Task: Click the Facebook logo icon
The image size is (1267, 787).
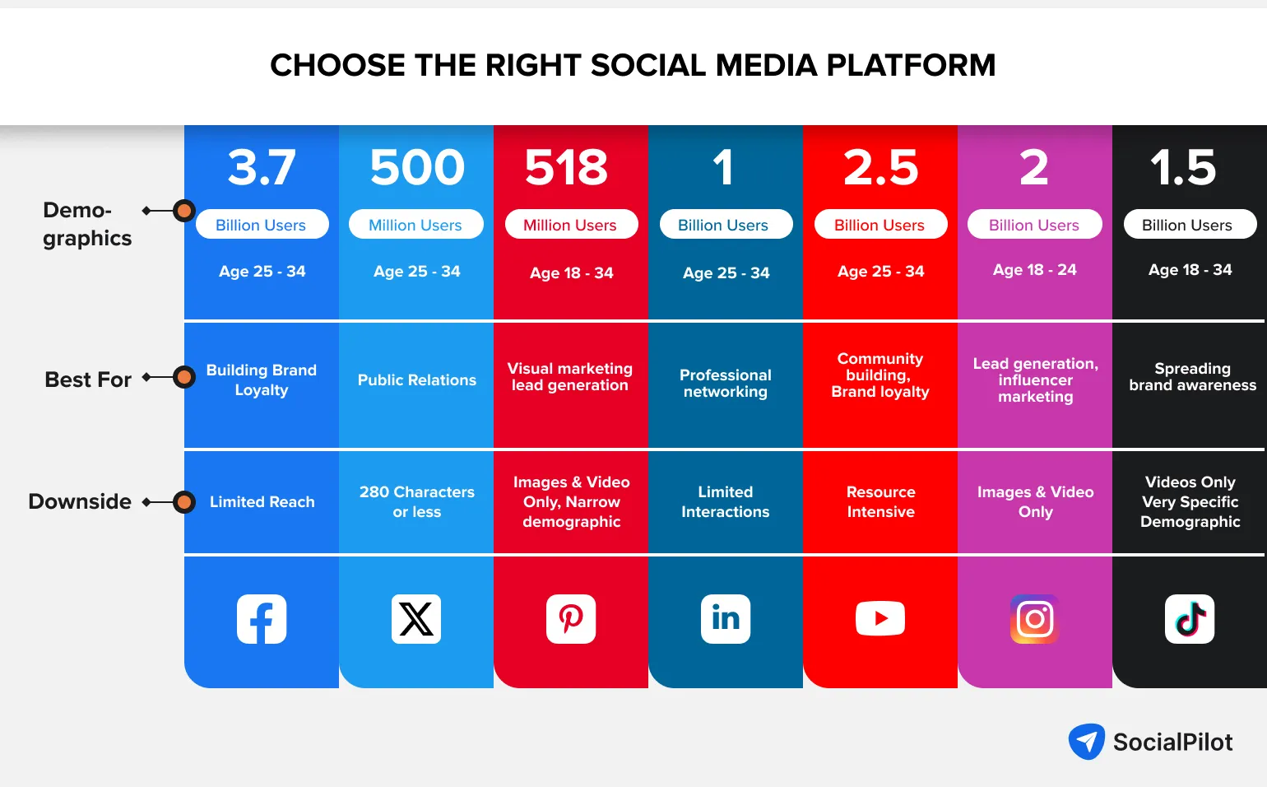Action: [262, 619]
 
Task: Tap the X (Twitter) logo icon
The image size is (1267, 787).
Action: [416, 619]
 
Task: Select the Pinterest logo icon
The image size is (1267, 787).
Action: [571, 619]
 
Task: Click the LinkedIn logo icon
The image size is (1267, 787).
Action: [726, 619]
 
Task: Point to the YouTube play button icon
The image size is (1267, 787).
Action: [880, 619]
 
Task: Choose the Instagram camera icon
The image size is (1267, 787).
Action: [1035, 619]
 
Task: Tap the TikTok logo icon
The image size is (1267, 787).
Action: [1190, 619]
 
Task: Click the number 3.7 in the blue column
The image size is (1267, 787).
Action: [262, 167]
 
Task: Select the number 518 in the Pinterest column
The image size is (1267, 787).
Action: [567, 167]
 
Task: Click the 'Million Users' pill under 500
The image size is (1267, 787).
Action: [415, 225]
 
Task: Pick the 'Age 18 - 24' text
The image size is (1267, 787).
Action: [1035, 270]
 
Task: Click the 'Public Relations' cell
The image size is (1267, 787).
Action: [416, 380]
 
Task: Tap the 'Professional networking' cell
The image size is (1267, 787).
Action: [726, 384]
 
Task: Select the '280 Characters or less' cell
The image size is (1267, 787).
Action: [416, 502]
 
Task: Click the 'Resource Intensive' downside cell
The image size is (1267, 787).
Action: [880, 502]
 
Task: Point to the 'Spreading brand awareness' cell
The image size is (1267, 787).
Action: [1192, 377]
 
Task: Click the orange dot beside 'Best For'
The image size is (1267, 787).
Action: [184, 377]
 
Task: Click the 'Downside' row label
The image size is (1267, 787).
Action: [80, 501]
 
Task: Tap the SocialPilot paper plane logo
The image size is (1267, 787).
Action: [1087, 742]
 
